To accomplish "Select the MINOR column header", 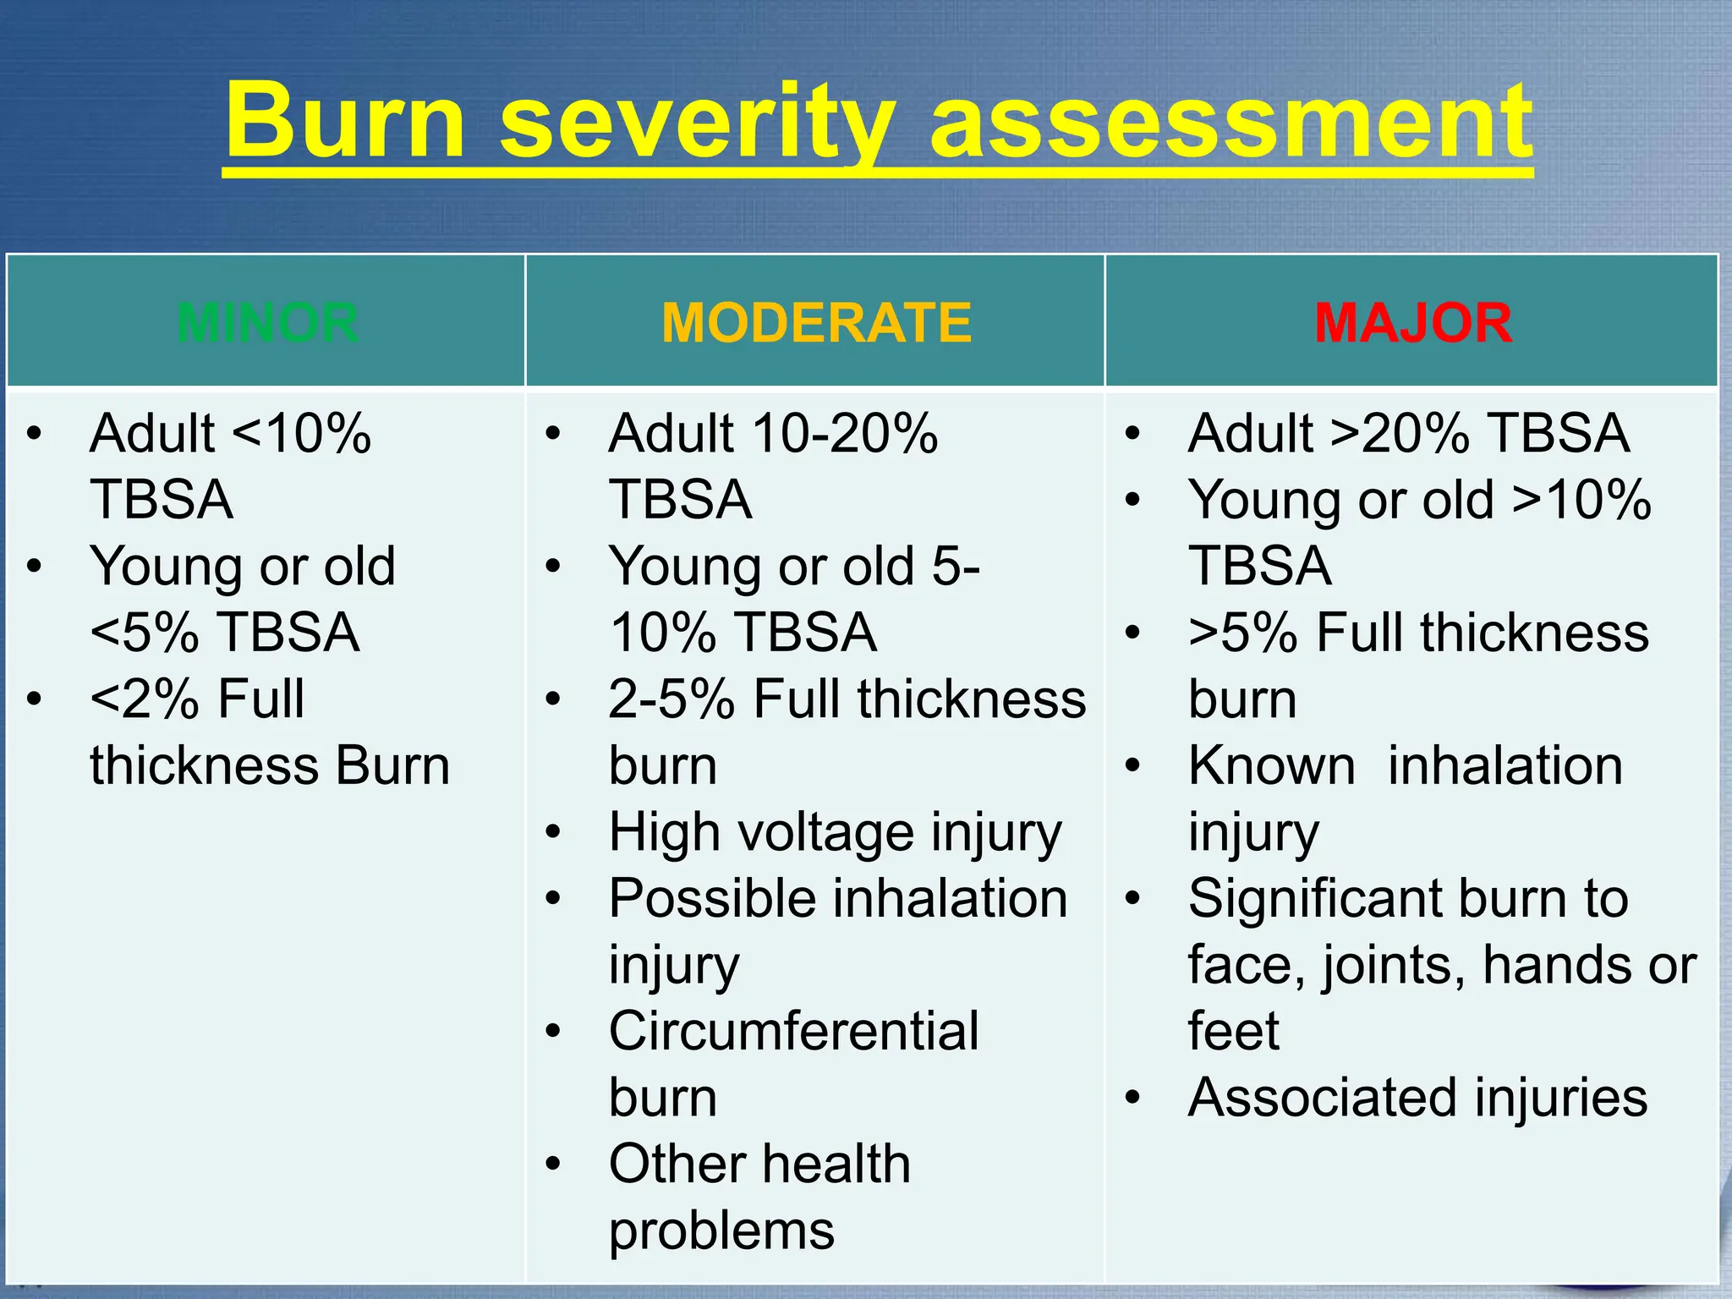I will coord(267,322).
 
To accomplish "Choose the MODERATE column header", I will coord(816,322).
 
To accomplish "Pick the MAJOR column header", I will coord(1412,322).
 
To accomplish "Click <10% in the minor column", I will coord(301,434).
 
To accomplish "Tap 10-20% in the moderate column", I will coord(845,434).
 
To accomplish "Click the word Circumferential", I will coord(793,1031).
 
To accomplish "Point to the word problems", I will coord(721,1231).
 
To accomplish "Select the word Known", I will coord(1271,766).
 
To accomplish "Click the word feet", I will coord(1233,1031).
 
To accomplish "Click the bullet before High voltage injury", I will coord(553,832).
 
